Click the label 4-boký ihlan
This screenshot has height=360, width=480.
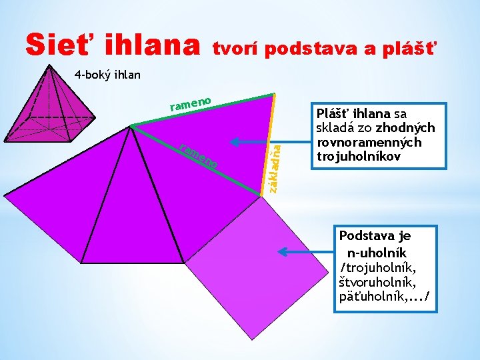pyautogui.click(x=107, y=74)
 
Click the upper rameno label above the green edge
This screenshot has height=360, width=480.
pyautogui.click(x=191, y=103)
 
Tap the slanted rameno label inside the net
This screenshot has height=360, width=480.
pyautogui.click(x=199, y=155)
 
